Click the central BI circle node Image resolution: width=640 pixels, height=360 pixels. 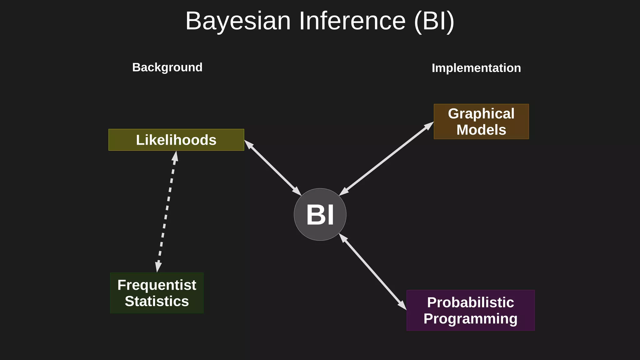pyautogui.click(x=320, y=214)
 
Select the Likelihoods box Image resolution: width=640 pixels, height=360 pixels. pyautogui.click(x=176, y=140)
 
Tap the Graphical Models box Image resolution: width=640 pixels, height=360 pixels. pyautogui.click(x=481, y=122)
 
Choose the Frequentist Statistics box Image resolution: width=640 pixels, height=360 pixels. pyautogui.click(x=157, y=293)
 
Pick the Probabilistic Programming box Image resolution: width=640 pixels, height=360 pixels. pyautogui.click(x=470, y=310)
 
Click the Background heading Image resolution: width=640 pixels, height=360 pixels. pyautogui.click(x=167, y=67)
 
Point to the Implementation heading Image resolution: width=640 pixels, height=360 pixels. pyautogui.click(x=476, y=68)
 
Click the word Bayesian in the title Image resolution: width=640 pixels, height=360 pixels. pyautogui.click(x=238, y=21)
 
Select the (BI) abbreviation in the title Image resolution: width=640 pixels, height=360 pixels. pyautogui.click(x=434, y=21)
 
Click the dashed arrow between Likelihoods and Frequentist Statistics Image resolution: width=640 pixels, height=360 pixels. pyautogui.click(x=167, y=212)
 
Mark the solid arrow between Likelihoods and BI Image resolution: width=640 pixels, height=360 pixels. pyautogui.click(x=272, y=168)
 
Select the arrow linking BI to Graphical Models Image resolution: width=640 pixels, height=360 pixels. pyautogui.click(x=387, y=159)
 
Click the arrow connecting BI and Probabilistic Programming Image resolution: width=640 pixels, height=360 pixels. pyautogui.click(x=373, y=272)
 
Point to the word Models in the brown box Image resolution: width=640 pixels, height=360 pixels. pyautogui.click(x=481, y=130)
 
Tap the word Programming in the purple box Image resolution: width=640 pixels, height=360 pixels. pyautogui.click(x=470, y=319)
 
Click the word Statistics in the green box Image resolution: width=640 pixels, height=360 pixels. pyautogui.click(x=157, y=301)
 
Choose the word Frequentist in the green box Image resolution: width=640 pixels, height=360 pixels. pyautogui.click(x=157, y=285)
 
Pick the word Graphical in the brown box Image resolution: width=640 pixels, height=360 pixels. pyautogui.click(x=481, y=113)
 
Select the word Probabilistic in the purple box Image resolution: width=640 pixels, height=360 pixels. pyautogui.click(x=470, y=302)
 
